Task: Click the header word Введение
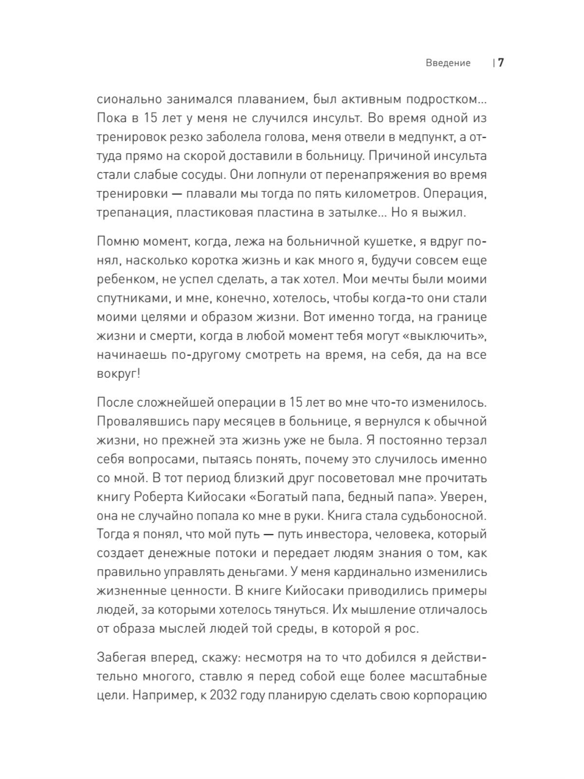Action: [448, 63]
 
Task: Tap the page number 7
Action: [501, 63]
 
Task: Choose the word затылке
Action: [349, 212]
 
